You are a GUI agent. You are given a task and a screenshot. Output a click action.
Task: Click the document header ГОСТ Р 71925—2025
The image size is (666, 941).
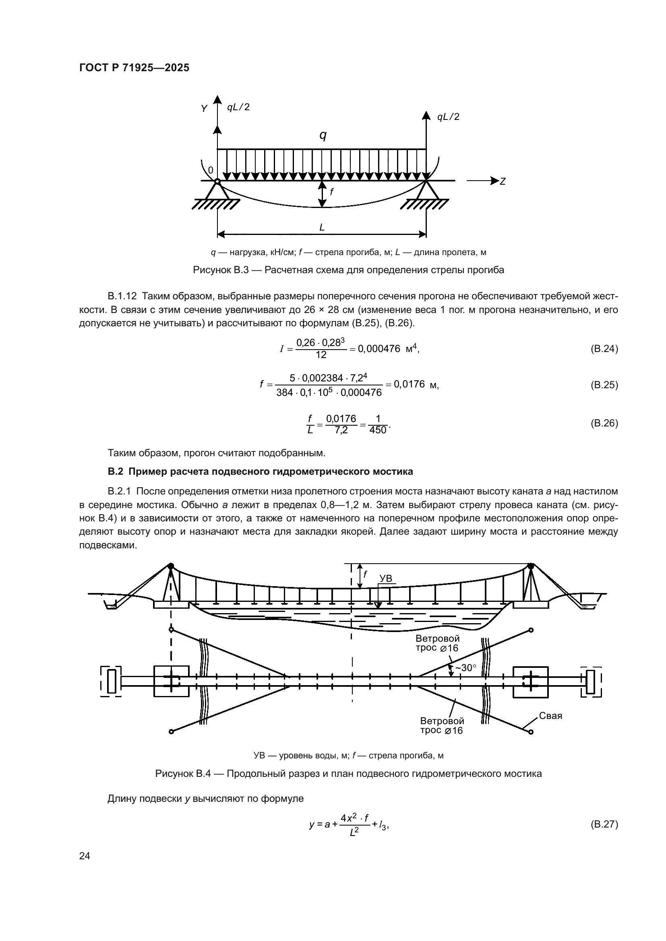pos(134,68)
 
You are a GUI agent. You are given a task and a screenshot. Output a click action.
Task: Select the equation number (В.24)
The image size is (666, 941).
pos(604,349)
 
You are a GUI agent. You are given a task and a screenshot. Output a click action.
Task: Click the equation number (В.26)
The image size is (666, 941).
pos(604,423)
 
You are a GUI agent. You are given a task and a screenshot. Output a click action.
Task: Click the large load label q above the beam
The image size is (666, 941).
pos(323,135)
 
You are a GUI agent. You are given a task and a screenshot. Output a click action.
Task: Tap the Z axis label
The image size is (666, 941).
pos(503,181)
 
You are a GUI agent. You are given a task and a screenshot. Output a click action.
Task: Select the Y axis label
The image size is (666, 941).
pos(204,109)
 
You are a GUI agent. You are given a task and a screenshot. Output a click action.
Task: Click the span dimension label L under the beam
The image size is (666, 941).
pos(322,227)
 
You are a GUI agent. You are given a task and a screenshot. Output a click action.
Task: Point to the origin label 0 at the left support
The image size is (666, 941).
pos(210,170)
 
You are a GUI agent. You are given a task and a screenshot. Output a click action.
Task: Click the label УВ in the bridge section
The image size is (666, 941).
pos(385,578)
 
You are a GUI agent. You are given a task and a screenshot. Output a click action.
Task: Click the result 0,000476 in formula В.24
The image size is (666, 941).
pos(379,349)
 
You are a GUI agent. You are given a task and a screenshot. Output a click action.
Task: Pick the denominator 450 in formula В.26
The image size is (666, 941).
pos(378,430)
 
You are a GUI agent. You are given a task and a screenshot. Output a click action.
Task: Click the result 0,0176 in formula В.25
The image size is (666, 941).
pos(409,384)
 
